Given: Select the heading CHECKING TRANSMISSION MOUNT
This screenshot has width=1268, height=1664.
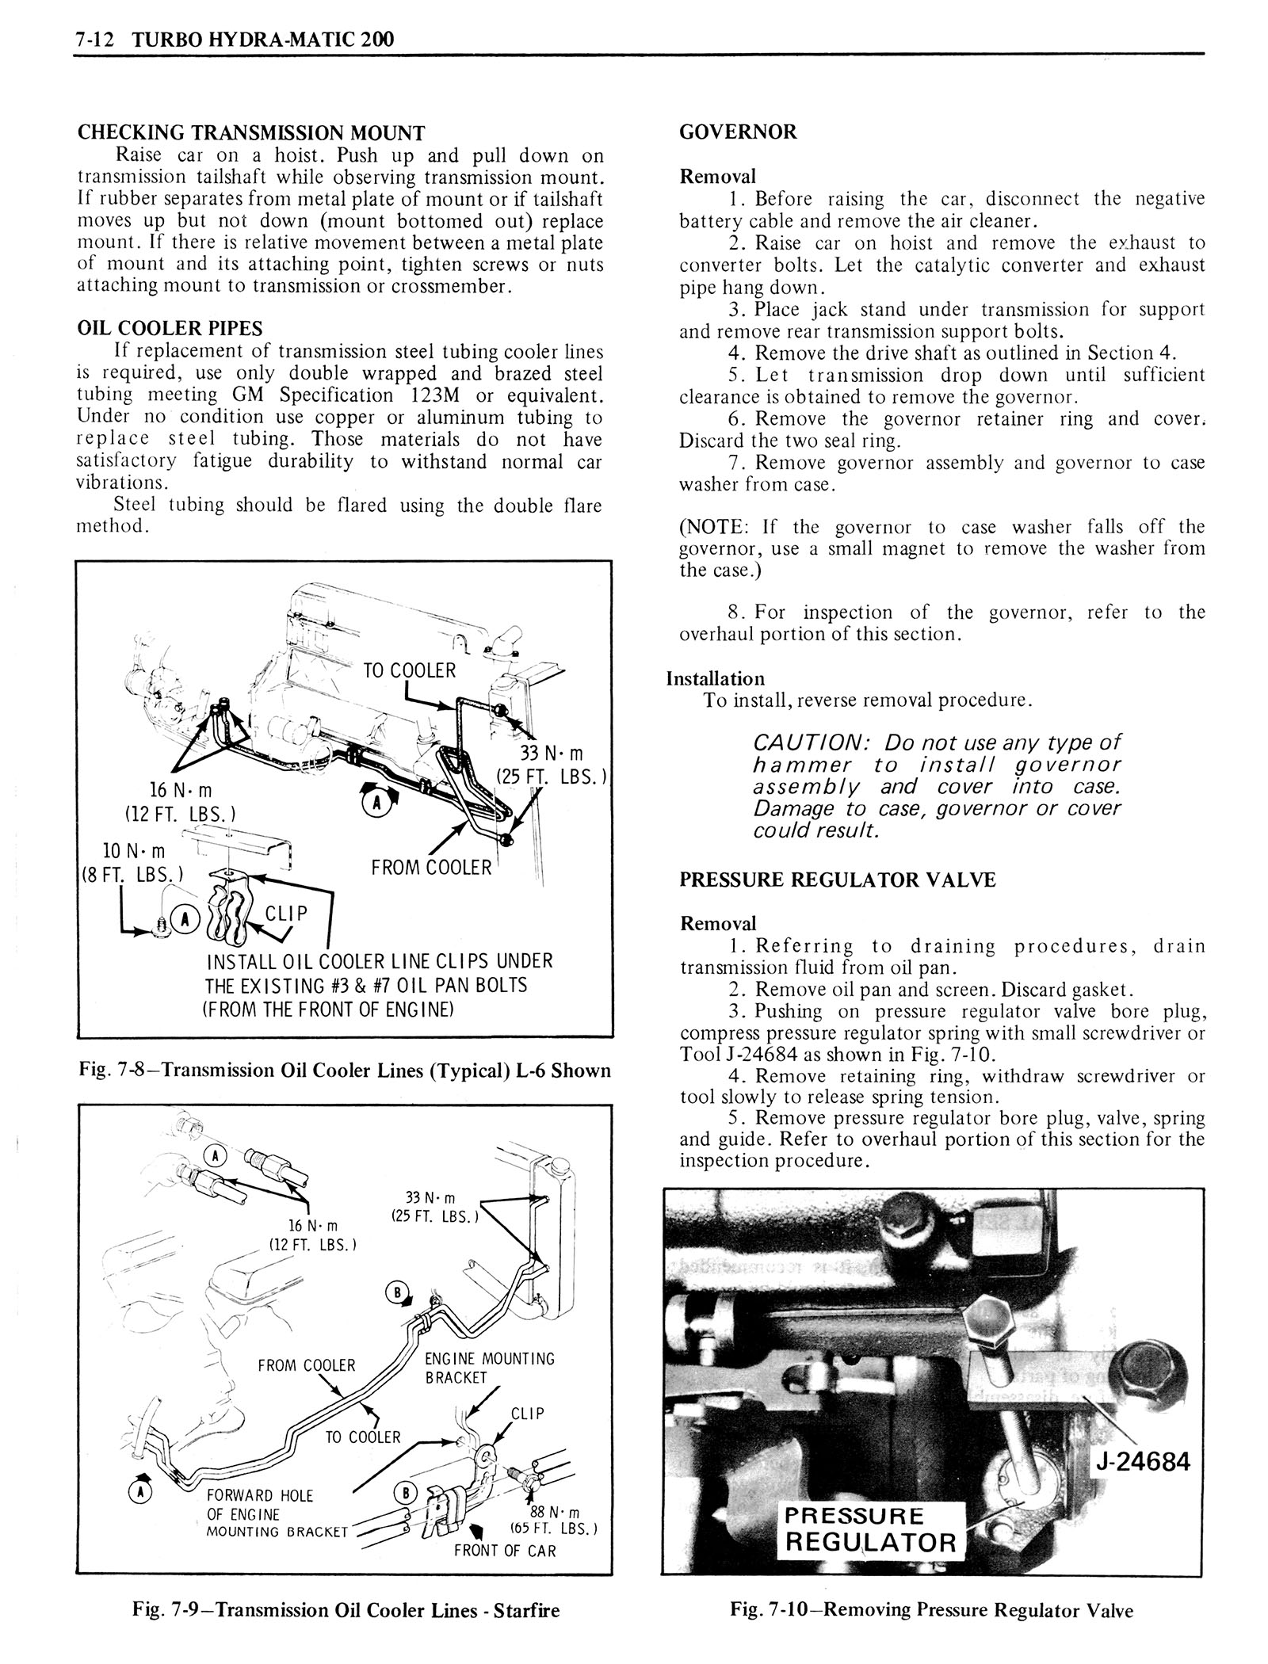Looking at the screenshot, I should pos(250,132).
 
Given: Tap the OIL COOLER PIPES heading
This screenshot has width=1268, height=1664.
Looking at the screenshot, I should pos(170,327).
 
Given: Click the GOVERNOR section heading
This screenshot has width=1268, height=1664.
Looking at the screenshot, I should pos(738,132).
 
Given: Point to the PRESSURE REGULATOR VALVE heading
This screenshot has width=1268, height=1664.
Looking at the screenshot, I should pos(837,880).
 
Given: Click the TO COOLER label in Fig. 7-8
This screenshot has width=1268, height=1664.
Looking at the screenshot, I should pos(409,670).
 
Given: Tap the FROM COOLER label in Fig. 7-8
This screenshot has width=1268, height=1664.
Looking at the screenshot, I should pos(431,868).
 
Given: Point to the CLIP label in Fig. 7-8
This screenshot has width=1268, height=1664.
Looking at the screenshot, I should pos(285,914).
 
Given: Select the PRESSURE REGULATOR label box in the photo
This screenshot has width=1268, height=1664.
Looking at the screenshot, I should pos(869,1529).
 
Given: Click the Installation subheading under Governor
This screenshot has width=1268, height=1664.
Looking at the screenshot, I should pos(715,678).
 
